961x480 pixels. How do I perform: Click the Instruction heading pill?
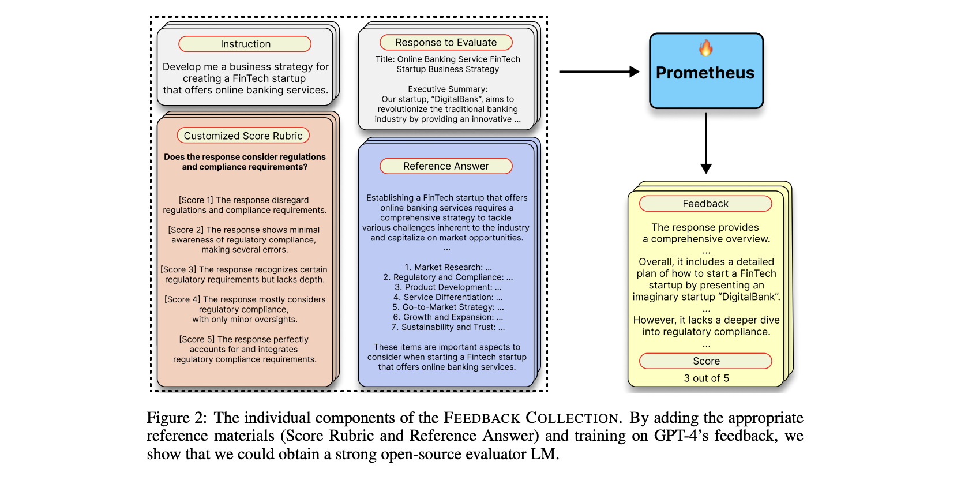[x=245, y=44]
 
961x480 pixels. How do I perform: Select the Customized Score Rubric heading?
[x=243, y=136]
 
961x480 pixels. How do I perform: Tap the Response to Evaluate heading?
[x=446, y=42]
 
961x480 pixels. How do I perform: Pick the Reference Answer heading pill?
[x=446, y=166]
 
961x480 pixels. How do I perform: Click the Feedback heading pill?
[x=705, y=204]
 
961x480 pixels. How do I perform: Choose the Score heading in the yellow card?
[x=705, y=361]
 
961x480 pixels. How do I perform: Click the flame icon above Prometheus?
[x=705, y=48]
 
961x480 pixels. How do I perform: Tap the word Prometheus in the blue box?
[x=705, y=73]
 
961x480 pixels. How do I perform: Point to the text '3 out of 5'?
[x=706, y=378]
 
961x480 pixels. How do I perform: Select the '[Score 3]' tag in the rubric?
[x=178, y=269]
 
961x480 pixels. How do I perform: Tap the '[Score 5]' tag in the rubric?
[x=196, y=339]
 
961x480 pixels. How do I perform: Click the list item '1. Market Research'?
[x=443, y=267]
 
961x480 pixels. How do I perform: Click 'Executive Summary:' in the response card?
[x=448, y=89]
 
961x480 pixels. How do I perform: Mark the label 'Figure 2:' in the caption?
[x=177, y=418]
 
